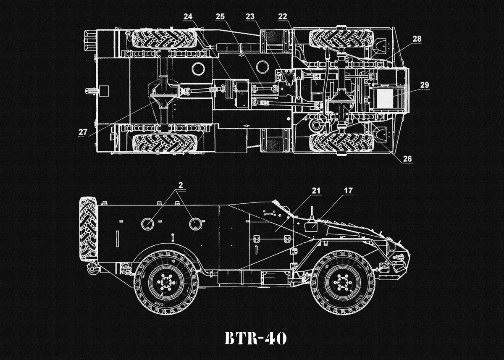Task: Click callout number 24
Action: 188,16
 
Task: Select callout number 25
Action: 220,16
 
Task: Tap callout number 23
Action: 250,16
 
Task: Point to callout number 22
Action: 283,16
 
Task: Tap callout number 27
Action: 83,131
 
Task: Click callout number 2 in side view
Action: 180,185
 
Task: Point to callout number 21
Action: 316,191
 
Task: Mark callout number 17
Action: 348,191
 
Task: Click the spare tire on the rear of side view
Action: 88,229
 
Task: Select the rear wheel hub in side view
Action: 166,282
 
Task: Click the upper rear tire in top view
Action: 165,39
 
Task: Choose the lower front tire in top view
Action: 341,143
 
